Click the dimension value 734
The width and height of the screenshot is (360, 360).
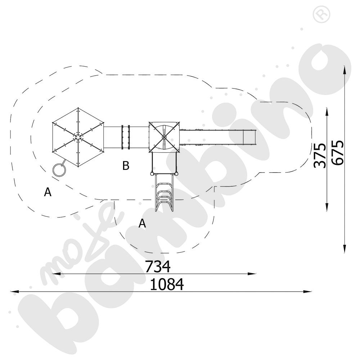pos(158,266)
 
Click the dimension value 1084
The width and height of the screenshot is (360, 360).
pos(167,284)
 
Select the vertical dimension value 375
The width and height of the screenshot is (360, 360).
pos(320,156)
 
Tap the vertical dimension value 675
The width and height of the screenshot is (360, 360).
pos(338,153)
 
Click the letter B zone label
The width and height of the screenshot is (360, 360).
pos(126,166)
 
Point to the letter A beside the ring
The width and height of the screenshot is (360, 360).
pos(48,192)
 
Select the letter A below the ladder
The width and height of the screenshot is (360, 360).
pos(142,223)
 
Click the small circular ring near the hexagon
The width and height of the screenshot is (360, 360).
pos(59,170)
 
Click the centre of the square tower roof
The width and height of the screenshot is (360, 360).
pos(164,137)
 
